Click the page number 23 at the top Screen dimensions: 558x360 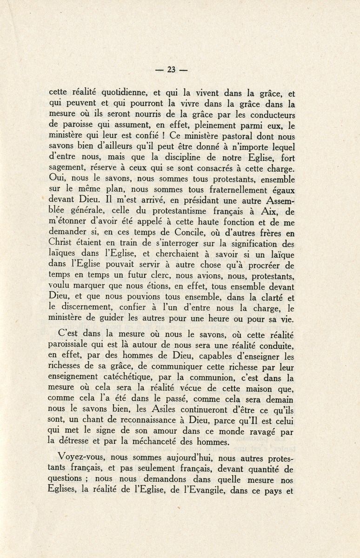pyautogui.click(x=171, y=70)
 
